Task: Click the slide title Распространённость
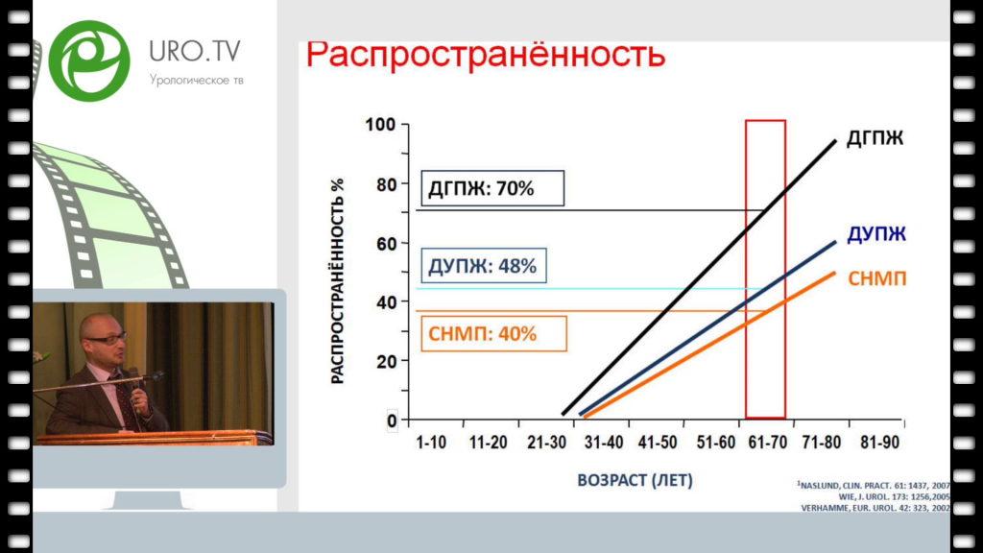(485, 55)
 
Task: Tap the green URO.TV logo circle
(89, 60)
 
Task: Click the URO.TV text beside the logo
(194, 52)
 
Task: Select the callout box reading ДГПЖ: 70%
(492, 188)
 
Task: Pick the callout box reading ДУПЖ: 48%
(484, 266)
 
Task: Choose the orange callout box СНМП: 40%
(494, 333)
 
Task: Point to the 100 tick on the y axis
(380, 125)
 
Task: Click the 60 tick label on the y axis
(387, 243)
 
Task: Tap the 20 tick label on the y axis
(387, 361)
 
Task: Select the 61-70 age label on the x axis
(767, 443)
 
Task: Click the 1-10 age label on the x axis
(431, 443)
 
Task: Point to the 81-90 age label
(879, 443)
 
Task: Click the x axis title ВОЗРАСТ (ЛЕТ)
(635, 480)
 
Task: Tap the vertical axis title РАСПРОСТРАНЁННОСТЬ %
(337, 281)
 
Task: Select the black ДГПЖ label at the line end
(875, 138)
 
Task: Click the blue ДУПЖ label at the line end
(876, 234)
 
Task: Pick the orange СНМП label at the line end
(877, 278)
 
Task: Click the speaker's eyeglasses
(106, 339)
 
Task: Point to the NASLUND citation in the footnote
(874, 485)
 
